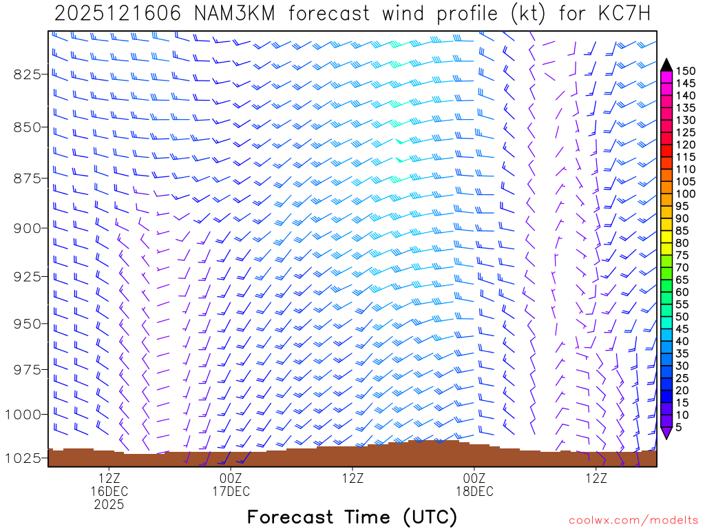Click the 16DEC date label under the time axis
(109, 491)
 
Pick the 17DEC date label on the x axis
(231, 491)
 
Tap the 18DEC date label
(474, 491)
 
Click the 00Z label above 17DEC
(231, 478)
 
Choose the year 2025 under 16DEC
(109, 505)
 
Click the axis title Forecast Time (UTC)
(352, 517)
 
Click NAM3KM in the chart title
(224, 13)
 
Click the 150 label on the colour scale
(686, 71)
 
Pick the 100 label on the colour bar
(686, 194)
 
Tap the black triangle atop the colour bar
(666, 65)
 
